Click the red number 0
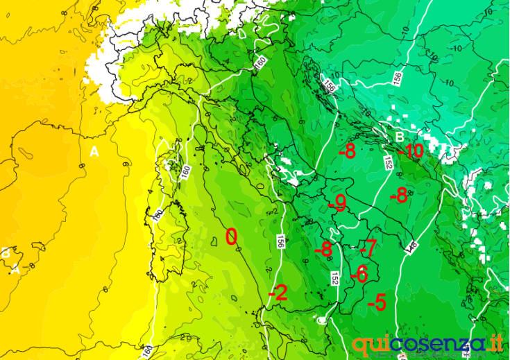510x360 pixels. click(x=232, y=237)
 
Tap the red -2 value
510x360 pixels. click(x=278, y=294)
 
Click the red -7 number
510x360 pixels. click(x=368, y=247)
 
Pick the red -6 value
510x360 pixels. click(x=358, y=274)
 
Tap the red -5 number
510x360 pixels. click(x=377, y=302)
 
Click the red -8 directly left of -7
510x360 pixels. click(x=323, y=249)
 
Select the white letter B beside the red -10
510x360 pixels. click(x=400, y=136)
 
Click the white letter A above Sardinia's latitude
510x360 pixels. click(x=94, y=151)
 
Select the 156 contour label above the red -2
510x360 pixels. click(x=281, y=242)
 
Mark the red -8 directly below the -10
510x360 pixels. click(x=398, y=196)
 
